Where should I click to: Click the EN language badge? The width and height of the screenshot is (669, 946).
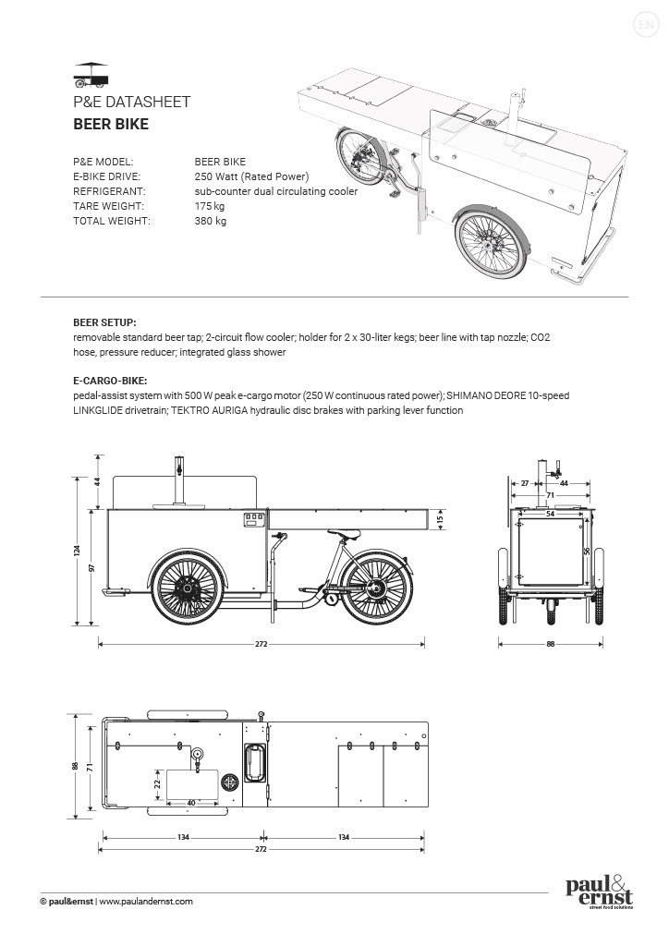[x=645, y=24]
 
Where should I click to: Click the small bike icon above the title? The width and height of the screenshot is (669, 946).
[x=91, y=72]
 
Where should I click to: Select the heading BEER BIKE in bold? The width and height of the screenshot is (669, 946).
[x=111, y=123]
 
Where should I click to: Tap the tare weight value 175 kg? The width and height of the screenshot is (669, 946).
[x=210, y=206]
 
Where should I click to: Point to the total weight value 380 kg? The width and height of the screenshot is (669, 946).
[x=211, y=221]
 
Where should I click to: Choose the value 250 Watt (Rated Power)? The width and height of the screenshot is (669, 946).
[x=251, y=176]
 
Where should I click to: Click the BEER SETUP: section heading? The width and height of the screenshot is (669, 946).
[x=104, y=323]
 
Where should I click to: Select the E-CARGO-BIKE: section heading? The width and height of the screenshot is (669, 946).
[x=110, y=380]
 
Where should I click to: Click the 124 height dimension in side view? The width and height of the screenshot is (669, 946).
[x=78, y=551]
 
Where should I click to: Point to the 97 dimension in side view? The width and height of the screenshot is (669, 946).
[x=92, y=567]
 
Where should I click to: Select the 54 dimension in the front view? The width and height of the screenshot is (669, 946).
[x=550, y=514]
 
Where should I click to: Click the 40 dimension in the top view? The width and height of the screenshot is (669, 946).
[x=191, y=803]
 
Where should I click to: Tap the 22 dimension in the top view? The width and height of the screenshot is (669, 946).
[x=157, y=784]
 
